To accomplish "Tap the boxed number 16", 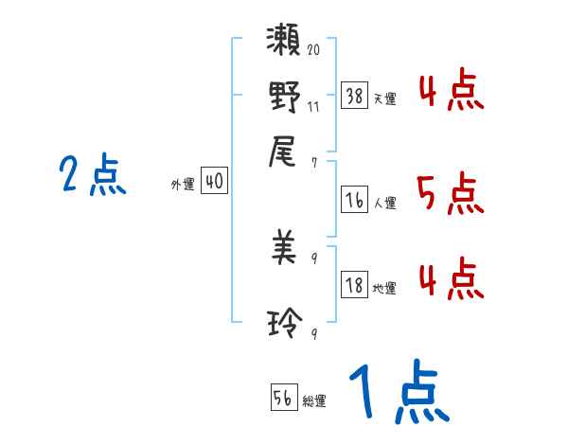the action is click(x=354, y=199).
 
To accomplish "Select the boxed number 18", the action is click(x=354, y=285).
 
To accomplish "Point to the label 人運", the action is click(x=385, y=203).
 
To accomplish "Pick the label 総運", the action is click(x=314, y=401).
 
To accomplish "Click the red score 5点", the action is click(x=450, y=194).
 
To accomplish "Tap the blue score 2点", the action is click(x=92, y=175).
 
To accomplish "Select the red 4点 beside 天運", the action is click(x=450, y=93).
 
